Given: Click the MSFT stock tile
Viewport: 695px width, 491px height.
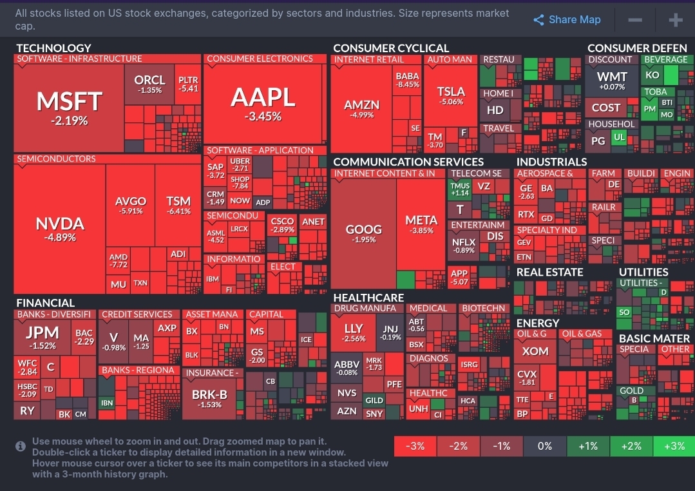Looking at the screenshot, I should (x=69, y=107).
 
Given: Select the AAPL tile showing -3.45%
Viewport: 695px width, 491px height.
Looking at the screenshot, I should (x=263, y=104).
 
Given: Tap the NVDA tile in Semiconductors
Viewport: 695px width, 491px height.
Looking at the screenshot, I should (x=60, y=229).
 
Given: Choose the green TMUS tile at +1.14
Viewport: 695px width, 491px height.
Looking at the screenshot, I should (x=460, y=188).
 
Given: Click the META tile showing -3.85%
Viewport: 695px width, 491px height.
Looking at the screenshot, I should (x=421, y=224).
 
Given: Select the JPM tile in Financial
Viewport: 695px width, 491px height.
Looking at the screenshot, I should (x=43, y=338).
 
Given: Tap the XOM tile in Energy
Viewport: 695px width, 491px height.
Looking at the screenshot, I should (x=535, y=351).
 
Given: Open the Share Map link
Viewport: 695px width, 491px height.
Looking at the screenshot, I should (x=567, y=20).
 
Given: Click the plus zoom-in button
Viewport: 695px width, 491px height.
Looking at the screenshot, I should (x=675, y=20).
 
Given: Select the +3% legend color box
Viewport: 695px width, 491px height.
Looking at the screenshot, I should (x=674, y=446).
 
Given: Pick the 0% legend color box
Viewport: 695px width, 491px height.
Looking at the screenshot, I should (x=544, y=446).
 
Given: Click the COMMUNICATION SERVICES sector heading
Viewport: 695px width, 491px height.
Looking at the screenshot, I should (x=408, y=162).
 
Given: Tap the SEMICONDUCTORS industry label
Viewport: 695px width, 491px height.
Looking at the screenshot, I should (x=56, y=159).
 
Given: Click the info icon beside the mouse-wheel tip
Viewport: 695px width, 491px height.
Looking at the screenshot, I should (x=21, y=445).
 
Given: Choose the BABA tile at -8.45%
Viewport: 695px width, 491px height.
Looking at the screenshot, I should (x=408, y=79).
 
